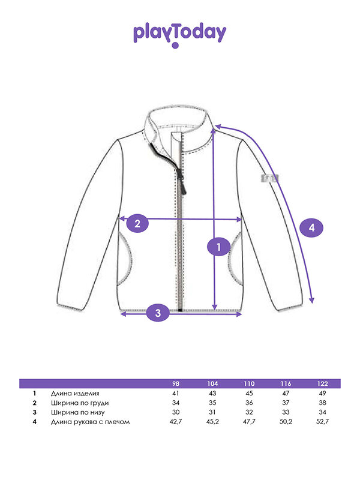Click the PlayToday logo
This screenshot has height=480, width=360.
179,35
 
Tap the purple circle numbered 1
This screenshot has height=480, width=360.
218,247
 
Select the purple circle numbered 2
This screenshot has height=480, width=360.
137,223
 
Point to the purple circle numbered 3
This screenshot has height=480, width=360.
158,313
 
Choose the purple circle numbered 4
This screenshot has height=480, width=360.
311,227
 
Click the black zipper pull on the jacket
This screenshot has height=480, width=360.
184,184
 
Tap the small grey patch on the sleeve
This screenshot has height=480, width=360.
269,178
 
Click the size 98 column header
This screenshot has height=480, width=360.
176,383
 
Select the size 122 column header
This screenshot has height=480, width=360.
322,383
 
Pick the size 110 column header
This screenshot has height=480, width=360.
249,383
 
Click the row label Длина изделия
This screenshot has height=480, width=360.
75,394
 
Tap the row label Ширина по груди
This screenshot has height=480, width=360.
80,403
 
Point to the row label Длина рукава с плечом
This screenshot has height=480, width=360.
91,422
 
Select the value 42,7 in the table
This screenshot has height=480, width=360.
176,422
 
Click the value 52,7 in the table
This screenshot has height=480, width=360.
322,422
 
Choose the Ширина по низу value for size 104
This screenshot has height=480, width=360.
212,412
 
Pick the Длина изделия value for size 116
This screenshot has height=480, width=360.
286,393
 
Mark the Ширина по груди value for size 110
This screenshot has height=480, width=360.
249,403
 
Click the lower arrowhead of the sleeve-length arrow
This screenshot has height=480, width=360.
311,300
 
